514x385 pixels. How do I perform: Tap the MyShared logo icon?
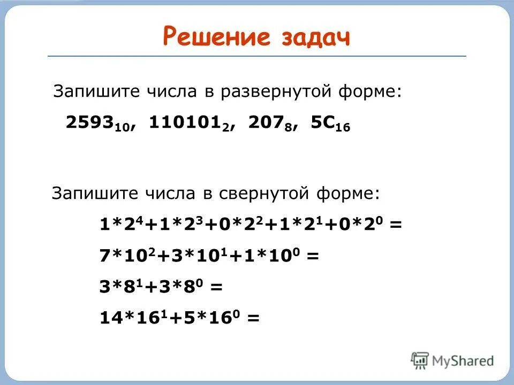(x=420, y=360)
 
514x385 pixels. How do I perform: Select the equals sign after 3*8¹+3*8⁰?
(x=216, y=287)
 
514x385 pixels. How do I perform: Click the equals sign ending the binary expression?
(x=396, y=225)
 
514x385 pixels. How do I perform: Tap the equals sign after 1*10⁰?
(x=313, y=256)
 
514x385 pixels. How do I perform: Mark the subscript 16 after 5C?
(x=343, y=128)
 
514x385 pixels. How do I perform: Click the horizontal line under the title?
(x=257, y=56)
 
